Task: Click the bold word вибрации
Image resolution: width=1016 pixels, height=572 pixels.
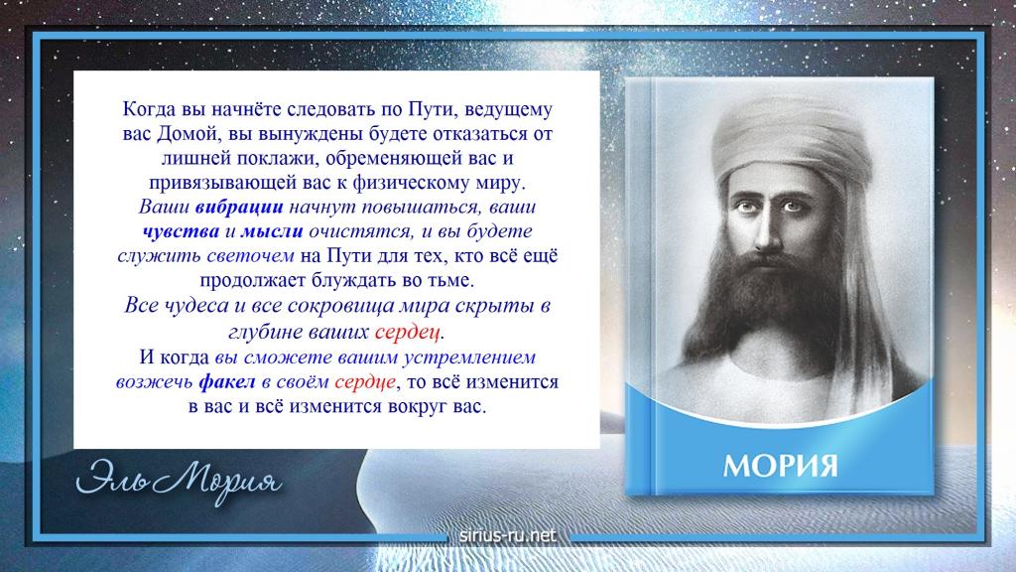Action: pos(239,207)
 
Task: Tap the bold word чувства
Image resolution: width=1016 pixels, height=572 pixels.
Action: pos(181,231)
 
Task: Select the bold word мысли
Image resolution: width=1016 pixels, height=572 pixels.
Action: pos(272,231)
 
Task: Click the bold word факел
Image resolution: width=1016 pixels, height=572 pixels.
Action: pos(227,382)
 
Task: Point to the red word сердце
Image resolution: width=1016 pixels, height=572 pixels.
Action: pos(365,382)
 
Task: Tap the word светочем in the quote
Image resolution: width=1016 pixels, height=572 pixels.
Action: pos(250,256)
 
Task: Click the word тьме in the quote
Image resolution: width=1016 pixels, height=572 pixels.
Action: pos(453,281)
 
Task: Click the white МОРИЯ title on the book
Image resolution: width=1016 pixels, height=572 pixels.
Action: pos(780,466)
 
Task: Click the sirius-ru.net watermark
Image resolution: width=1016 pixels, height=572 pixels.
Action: pos(507,535)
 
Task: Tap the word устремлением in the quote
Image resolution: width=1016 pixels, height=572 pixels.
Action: pos(469,357)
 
